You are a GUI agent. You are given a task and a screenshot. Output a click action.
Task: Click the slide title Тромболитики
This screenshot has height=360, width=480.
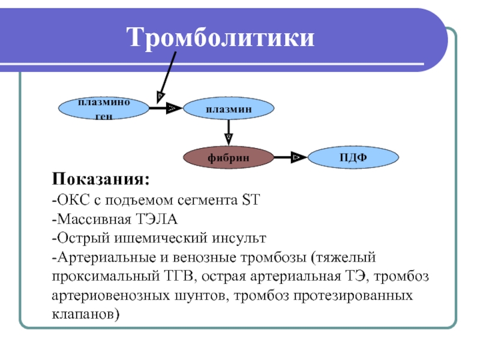pos(220,38)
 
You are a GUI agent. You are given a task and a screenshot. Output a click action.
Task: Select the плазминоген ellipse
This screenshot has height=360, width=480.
pos(104,109)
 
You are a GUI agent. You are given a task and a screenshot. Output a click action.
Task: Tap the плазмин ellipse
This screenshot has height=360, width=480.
pos(229,109)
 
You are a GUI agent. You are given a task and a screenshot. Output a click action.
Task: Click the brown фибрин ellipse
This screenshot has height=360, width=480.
pos(229,157)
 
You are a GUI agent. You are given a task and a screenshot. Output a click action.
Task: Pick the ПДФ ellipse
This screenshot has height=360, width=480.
pos(353,157)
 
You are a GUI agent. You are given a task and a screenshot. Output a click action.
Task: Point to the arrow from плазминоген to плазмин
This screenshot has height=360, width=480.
pos(166,108)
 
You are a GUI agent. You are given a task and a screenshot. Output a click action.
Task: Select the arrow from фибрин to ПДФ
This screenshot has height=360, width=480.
pos(291,157)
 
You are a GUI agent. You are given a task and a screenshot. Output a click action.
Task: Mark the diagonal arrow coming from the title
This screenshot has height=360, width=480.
pos(166,77)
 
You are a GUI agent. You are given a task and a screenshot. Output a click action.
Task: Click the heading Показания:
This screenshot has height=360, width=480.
pos(101,179)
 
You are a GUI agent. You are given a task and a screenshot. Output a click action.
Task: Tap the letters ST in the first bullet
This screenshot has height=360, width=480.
pos(251,200)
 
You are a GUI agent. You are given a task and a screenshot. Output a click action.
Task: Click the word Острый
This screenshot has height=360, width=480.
pos(83,238)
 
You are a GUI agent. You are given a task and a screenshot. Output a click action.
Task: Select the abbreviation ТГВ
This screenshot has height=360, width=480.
pos(179,277)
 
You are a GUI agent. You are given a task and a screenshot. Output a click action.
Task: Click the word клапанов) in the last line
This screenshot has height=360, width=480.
pos(86,314)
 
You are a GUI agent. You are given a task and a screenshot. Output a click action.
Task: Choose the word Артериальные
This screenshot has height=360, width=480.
pos(107,258)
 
